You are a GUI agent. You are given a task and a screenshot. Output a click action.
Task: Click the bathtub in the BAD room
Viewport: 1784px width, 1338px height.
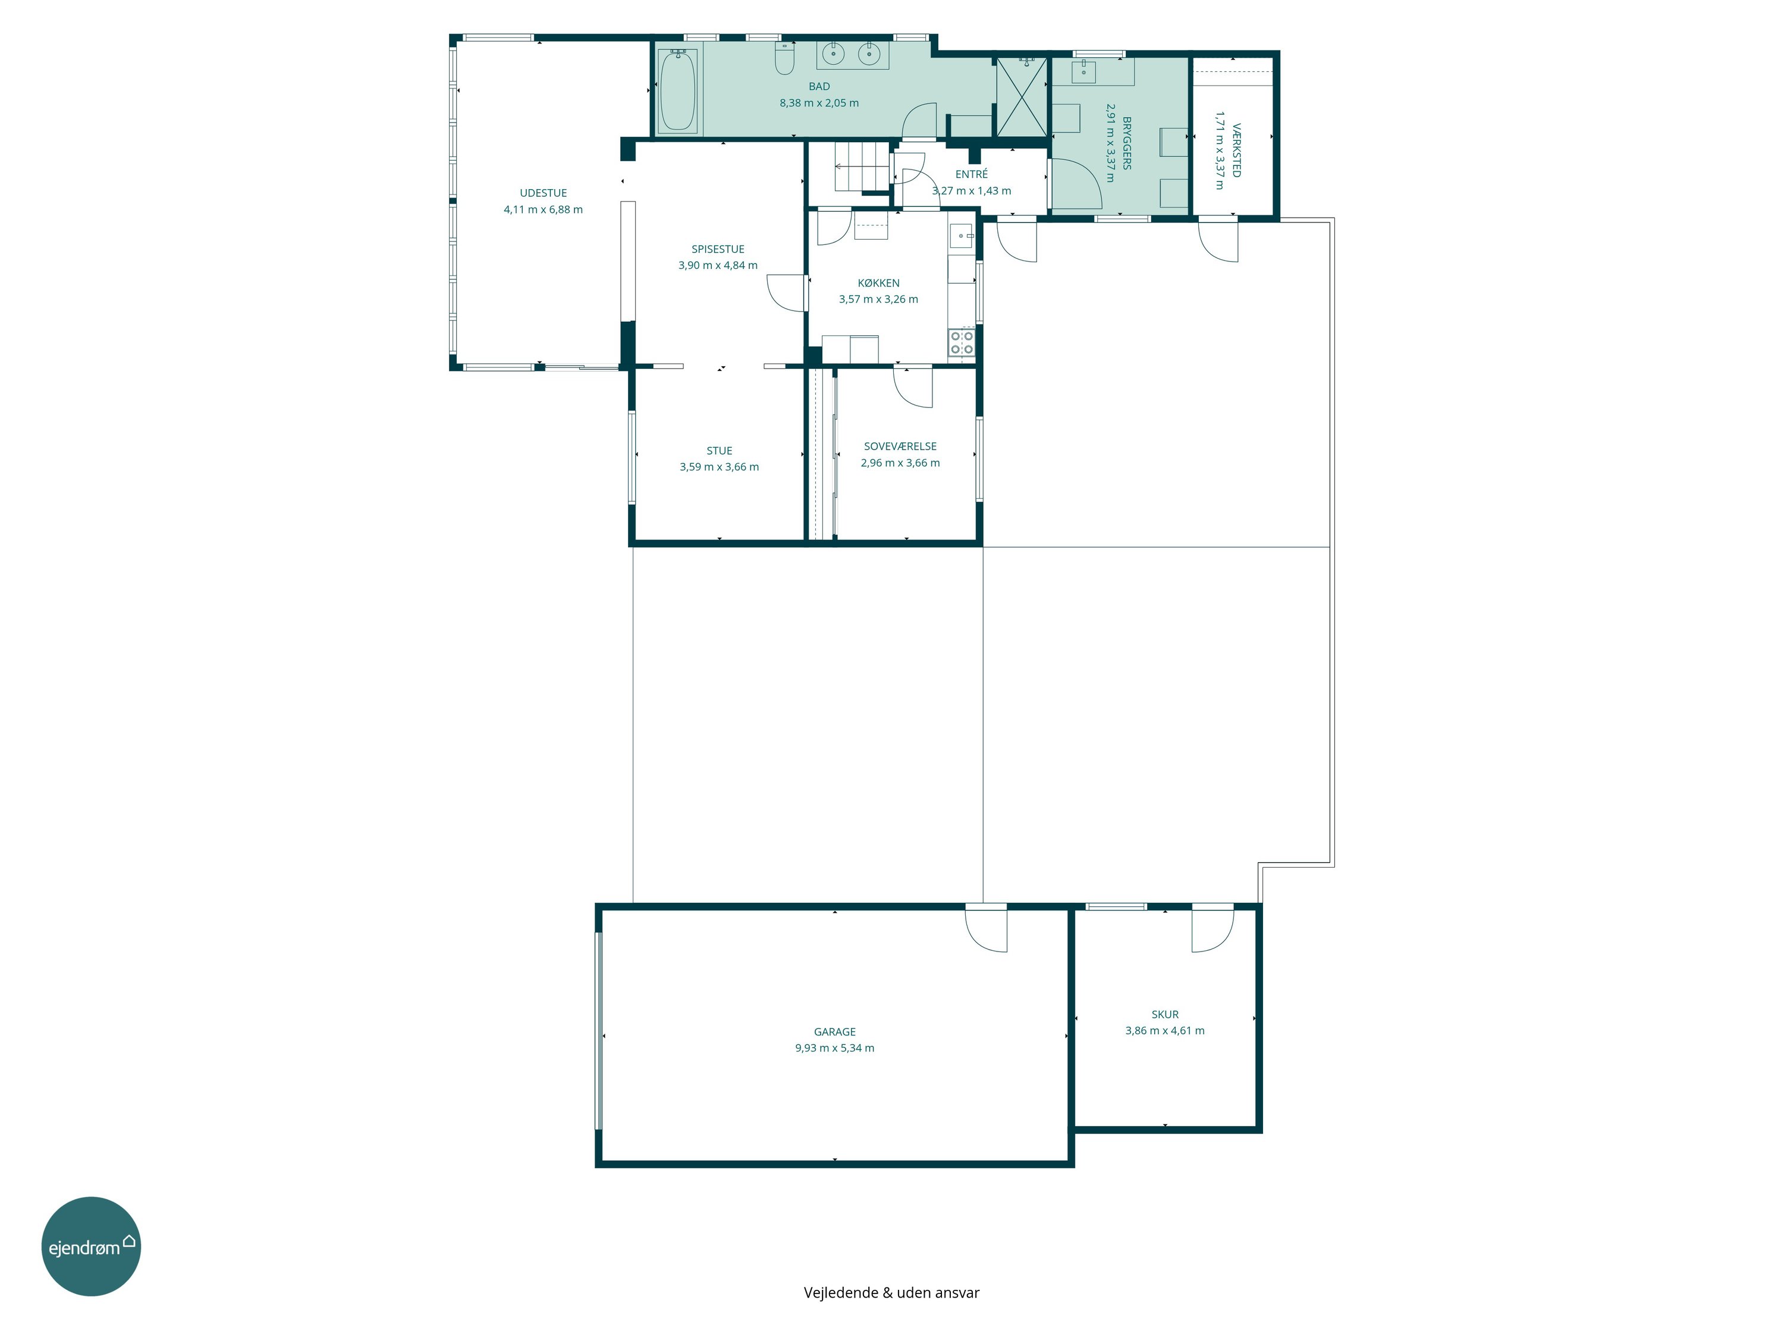677,90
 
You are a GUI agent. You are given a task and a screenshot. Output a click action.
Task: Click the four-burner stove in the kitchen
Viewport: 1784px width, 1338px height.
962,342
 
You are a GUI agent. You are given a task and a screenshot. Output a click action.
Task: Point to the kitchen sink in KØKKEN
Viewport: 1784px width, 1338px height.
962,235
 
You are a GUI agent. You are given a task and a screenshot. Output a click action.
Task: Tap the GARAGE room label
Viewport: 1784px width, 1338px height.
835,1032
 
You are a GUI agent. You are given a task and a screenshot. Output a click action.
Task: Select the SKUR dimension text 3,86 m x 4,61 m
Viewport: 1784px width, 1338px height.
1164,1030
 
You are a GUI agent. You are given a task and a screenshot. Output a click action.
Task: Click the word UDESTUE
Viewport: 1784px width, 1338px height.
543,193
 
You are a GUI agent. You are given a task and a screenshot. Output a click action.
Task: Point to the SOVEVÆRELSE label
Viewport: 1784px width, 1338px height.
900,446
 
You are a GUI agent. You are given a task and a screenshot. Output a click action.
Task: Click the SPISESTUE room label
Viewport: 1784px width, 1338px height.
718,249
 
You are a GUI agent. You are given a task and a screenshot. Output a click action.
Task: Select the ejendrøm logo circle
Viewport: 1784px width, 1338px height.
91,1246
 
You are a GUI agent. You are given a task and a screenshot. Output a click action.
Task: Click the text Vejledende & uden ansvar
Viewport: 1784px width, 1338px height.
891,1292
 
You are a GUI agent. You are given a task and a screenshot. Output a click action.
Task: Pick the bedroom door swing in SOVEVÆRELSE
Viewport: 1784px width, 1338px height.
913,387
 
